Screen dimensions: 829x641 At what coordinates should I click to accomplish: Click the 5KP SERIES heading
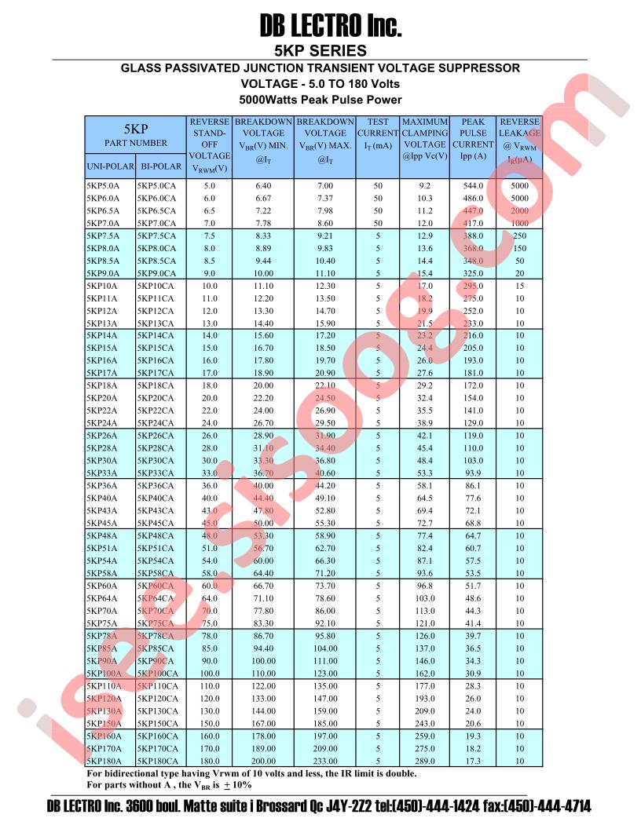pyautogui.click(x=320, y=51)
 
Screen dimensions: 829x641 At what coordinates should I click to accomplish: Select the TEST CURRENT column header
pyautogui.click(x=378, y=133)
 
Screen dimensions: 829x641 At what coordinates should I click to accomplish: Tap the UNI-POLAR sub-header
pyautogui.click(x=110, y=167)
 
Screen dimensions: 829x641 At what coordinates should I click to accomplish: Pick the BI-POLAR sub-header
pyautogui.click(x=161, y=167)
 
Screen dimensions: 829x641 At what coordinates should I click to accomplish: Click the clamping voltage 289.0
pyautogui.click(x=424, y=761)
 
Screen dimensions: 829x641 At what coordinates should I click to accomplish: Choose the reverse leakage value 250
pyautogui.click(x=519, y=236)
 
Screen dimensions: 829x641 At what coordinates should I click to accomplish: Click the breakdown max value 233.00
pyautogui.click(x=325, y=761)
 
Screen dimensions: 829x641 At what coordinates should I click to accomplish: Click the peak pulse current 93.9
pyautogui.click(x=473, y=473)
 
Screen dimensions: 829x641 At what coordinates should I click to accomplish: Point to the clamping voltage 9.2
pyautogui.click(x=425, y=186)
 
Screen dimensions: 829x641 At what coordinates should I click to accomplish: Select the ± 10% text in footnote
pyautogui.click(x=236, y=784)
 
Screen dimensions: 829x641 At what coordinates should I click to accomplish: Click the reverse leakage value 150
pyautogui.click(x=519, y=248)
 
